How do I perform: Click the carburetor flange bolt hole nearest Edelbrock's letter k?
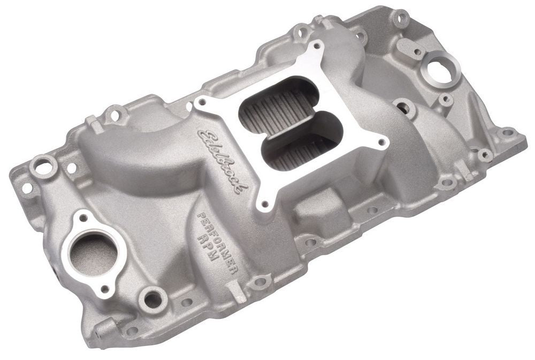263,204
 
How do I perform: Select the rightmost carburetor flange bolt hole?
381,143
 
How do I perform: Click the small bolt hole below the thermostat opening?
104,289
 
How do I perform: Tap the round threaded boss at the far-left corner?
43,166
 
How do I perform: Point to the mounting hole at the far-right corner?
506,132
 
